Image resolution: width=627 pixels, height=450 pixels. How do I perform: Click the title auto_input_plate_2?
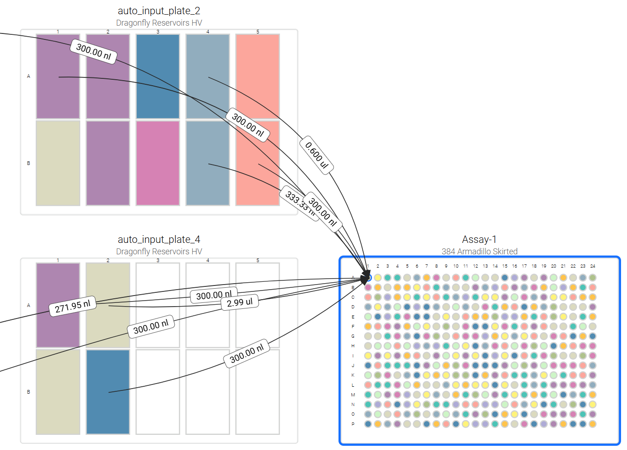[159, 11]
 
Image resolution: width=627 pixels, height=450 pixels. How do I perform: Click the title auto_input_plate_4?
[159, 239]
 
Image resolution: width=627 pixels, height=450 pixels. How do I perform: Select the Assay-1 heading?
[479, 239]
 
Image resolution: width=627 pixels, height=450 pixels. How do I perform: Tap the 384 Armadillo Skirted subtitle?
[479, 251]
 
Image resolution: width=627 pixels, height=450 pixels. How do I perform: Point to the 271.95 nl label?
[72, 306]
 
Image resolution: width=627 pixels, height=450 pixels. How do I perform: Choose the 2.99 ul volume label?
[239, 302]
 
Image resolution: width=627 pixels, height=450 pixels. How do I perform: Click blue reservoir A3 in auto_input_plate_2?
[158, 76]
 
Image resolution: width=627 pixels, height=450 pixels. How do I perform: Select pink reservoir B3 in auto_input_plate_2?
[158, 163]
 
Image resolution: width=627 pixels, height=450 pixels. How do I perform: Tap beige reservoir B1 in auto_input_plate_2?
[58, 163]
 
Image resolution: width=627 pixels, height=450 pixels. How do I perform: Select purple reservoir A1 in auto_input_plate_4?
[58, 284]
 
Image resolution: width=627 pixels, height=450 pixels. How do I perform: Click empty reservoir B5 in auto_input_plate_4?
[257, 392]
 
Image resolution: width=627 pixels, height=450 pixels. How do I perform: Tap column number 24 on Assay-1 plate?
[593, 266]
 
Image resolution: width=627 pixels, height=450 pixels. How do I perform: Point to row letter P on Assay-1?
[353, 424]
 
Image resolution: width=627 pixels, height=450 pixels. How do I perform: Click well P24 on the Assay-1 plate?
[593, 424]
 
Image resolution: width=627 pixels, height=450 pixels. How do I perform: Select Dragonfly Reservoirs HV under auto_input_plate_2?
[159, 22]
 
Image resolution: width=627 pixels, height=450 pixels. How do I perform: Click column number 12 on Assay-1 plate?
[475, 266]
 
